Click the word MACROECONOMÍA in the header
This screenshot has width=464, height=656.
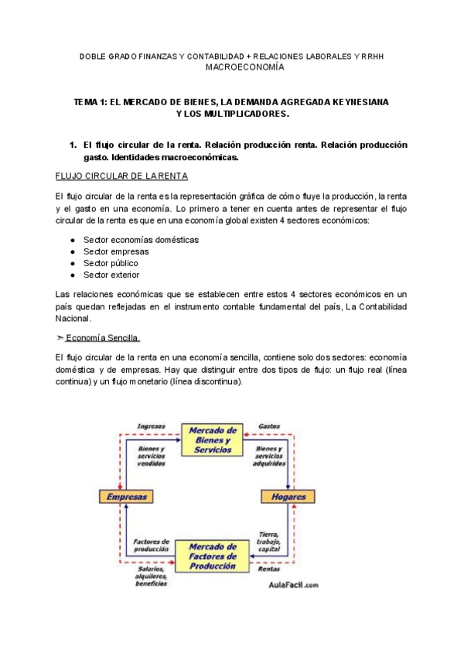point(244,67)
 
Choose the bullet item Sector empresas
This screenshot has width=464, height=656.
point(116,251)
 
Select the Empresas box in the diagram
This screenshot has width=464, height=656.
point(128,496)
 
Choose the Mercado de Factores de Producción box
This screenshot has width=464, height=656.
point(211,556)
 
